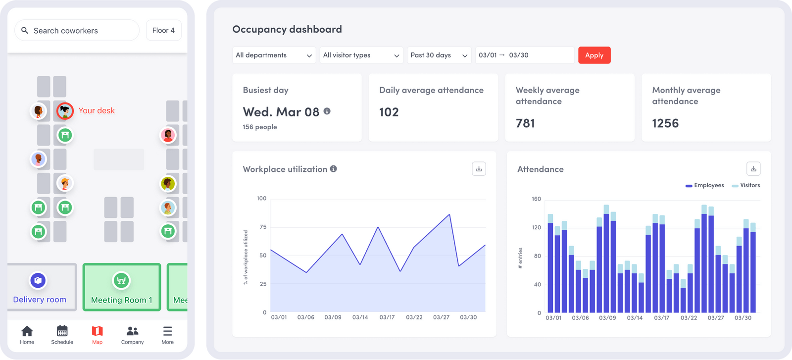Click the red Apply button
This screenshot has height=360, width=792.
coord(594,55)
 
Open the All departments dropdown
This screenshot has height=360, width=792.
coord(274,55)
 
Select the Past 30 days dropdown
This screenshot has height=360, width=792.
coord(439,55)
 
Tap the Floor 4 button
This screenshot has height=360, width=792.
coord(163,31)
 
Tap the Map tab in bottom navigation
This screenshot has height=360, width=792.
coord(97,335)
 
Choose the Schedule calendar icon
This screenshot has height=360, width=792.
coord(62,331)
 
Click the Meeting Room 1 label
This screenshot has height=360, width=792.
coord(122,300)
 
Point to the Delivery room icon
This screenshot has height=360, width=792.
coord(38,280)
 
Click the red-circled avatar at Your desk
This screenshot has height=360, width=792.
coord(65,111)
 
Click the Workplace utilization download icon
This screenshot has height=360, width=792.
coord(479,169)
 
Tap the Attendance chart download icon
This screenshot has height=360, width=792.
coord(753,169)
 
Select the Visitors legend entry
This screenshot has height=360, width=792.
coord(746,185)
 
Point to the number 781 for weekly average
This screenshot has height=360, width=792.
coord(525,123)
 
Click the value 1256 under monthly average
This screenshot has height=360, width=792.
coord(665,123)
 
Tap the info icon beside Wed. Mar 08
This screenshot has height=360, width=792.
coord(327,111)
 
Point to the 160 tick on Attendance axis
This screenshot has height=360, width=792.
coord(536,199)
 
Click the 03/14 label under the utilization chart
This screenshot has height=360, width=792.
coord(360,317)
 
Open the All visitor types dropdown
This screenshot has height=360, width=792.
coord(361,55)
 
